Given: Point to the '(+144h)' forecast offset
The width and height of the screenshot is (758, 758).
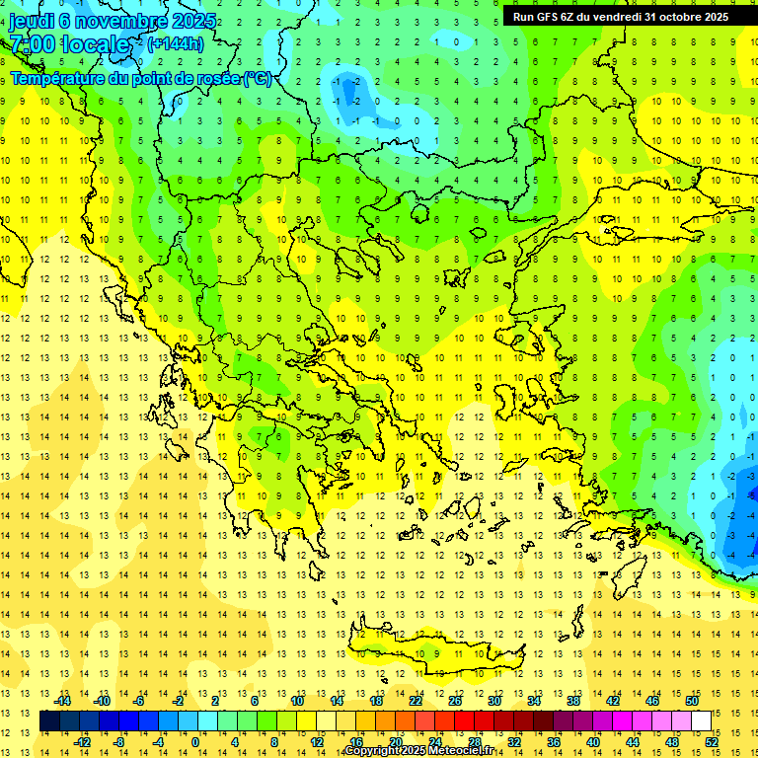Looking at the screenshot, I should pos(176,43).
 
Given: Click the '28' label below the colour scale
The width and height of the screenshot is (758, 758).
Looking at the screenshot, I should pos(474,742).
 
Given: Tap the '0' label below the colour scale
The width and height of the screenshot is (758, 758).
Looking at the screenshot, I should pos(195,742).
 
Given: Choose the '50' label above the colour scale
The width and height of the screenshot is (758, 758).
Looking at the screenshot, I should pos(691,701).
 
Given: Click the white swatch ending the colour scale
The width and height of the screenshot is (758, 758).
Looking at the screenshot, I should pos(701,721).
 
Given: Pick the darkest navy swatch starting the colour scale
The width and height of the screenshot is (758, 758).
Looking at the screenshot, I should pos(49,721).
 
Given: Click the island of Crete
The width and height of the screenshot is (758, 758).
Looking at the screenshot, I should pos(434,652).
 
